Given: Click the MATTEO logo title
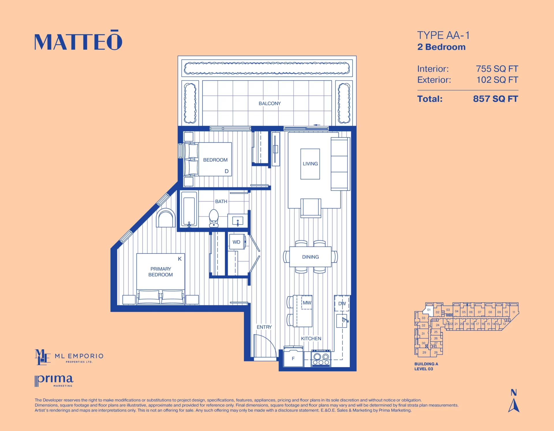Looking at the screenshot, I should [x=78, y=42].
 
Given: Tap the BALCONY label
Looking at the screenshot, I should [x=269, y=103].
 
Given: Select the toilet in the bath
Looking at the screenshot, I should [x=214, y=218].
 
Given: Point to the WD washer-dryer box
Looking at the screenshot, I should [x=237, y=242].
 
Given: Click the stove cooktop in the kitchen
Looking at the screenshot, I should [x=321, y=359].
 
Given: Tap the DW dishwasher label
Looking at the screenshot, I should [x=342, y=303].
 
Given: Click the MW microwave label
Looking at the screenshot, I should [x=307, y=303].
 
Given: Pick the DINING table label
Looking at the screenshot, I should [x=310, y=257].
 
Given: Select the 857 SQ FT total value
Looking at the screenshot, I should [x=495, y=99].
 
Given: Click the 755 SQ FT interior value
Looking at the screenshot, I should [x=497, y=69].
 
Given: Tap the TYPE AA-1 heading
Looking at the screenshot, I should [x=443, y=35].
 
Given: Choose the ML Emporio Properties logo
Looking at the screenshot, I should [x=69, y=357].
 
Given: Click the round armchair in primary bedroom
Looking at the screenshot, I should [x=166, y=218].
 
